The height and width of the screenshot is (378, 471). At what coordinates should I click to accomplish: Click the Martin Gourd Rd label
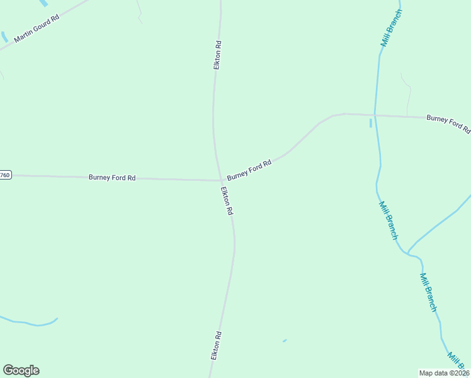pyautogui.click(x=37, y=29)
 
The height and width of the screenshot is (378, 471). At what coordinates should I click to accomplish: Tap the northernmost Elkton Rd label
pyautogui.click(x=217, y=55)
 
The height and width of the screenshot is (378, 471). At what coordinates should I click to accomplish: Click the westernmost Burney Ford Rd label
pyautogui.click(x=112, y=178)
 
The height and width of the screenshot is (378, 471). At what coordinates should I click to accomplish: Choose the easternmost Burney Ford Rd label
pyautogui.click(x=448, y=123)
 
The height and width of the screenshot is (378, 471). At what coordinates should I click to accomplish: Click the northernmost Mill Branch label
pyautogui.click(x=391, y=28)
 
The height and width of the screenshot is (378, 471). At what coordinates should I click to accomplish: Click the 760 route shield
pyautogui.click(x=5, y=175)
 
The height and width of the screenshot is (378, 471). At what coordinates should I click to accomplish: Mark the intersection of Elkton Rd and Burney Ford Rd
pyautogui.click(x=220, y=180)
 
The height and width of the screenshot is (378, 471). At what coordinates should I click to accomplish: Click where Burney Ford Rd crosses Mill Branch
pyautogui.click(x=375, y=115)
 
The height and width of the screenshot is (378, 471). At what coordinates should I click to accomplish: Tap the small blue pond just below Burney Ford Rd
pyautogui.click(x=370, y=123)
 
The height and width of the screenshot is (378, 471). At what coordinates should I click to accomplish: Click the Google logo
pyautogui.click(x=21, y=370)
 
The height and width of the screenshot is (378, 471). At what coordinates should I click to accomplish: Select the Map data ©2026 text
pyautogui.click(x=445, y=372)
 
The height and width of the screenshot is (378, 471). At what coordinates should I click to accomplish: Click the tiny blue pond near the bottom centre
pyautogui.click(x=285, y=341)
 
